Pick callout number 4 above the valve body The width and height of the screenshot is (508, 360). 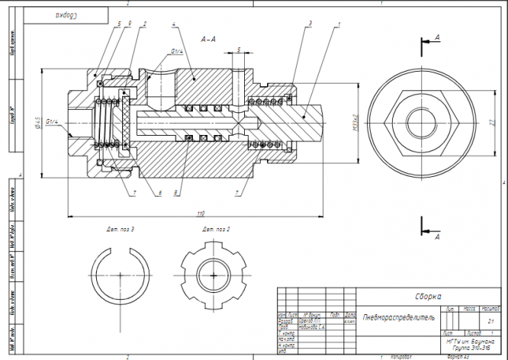[175, 24]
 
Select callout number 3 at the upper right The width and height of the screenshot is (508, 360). [312, 24]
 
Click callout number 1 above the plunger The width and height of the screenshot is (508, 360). [337, 24]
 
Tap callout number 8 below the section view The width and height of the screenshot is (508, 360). [177, 193]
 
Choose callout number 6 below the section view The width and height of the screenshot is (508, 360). [159, 193]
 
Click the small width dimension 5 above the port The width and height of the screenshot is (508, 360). [238, 49]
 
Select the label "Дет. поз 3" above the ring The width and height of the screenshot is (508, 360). [121, 229]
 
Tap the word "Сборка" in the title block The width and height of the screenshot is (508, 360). [428, 297]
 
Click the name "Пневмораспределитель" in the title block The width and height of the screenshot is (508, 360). [398, 316]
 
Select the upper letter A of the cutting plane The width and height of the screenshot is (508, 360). [437, 36]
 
